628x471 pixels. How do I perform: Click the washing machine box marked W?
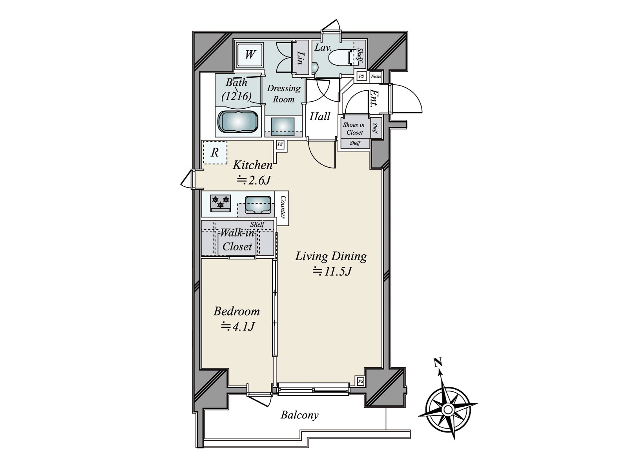pos(250,54)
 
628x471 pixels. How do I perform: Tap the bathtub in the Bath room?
pos(238,122)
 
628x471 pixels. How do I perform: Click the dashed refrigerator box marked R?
pos(215,152)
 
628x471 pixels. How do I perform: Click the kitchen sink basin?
pos(257,205)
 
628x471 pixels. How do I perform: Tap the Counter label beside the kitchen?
pos(283,208)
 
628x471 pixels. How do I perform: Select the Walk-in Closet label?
pos(237,240)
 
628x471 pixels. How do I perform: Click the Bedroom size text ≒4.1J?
pos(238,326)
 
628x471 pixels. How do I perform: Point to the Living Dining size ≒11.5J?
pos(331,271)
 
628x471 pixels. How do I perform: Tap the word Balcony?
pos(299,415)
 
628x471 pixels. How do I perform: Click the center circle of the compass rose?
pos(447,410)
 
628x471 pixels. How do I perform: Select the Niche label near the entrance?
pos(376,76)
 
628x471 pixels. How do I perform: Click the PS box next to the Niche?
pos(361,76)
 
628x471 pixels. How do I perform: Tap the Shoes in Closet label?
pos(354,128)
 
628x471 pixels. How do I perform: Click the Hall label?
pos(320,116)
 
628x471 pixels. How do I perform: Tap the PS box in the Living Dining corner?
pos(360,381)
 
